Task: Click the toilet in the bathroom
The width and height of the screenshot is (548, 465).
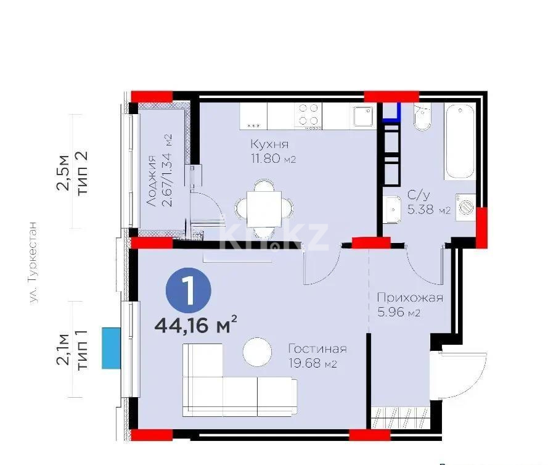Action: (x=423, y=118)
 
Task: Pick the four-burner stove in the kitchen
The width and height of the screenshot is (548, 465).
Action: (x=308, y=115)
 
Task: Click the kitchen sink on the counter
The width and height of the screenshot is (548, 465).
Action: (x=362, y=115)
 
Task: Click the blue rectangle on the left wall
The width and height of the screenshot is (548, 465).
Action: (x=111, y=348)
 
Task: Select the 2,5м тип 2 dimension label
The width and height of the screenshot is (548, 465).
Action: (x=73, y=171)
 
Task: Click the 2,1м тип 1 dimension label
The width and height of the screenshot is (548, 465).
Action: (x=73, y=349)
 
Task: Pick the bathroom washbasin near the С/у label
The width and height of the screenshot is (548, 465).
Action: (x=392, y=212)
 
